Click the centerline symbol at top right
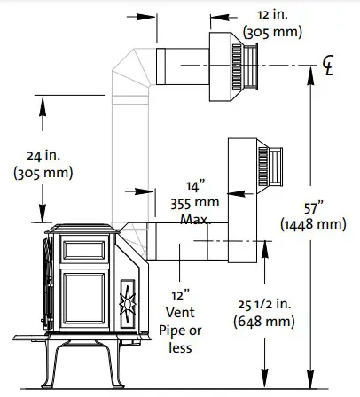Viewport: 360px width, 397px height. (329, 65)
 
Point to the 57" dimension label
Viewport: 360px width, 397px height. (312, 209)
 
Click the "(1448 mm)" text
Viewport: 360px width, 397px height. (312, 226)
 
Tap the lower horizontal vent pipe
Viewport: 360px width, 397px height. (186, 241)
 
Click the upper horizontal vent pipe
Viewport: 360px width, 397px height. (181, 65)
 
